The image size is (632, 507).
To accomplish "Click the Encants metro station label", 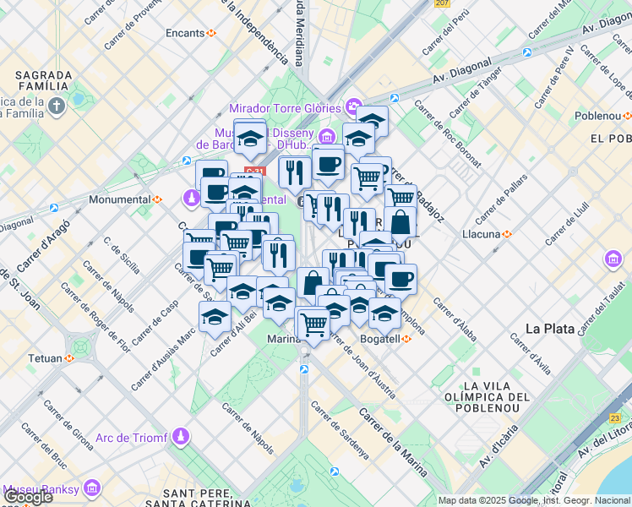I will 186,33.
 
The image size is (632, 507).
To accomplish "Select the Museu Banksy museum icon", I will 91,488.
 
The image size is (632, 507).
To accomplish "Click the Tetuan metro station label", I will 46,358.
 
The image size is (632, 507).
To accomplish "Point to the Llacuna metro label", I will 482,233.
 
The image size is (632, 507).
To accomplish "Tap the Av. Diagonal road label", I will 462,75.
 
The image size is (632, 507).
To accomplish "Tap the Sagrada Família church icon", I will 56,106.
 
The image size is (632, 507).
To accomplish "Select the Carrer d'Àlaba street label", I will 455,322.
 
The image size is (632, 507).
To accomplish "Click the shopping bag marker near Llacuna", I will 400,223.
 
